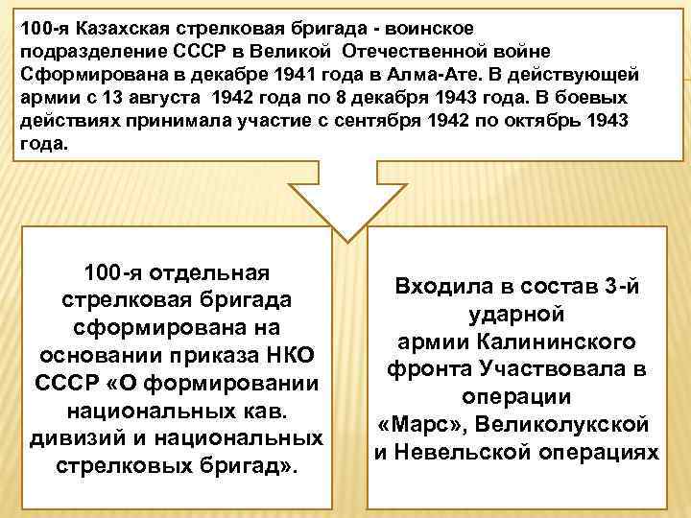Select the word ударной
click(514, 314)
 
